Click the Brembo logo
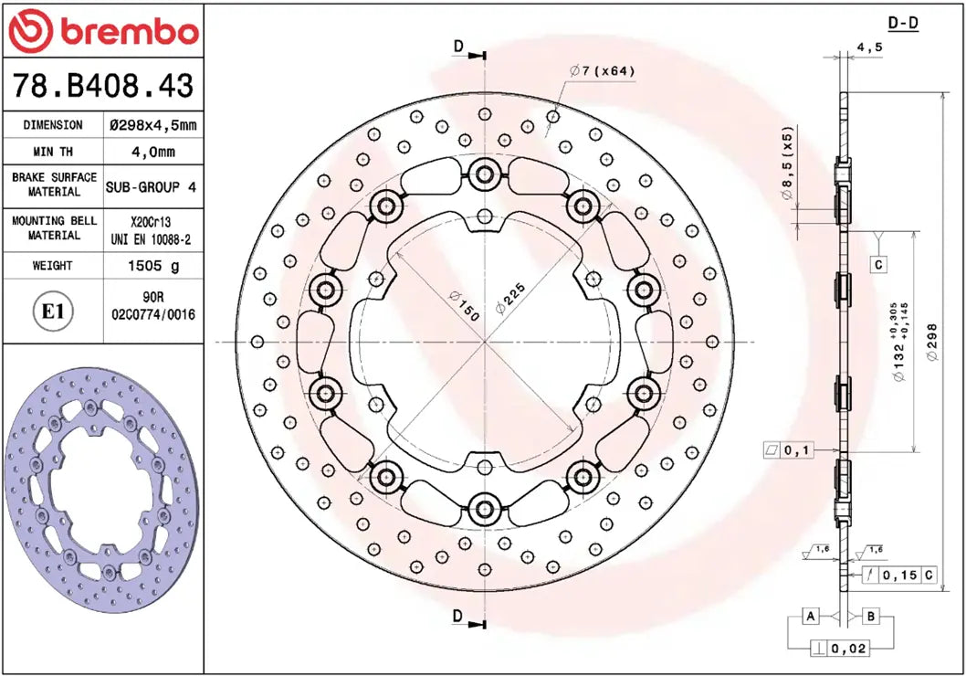pos(102,32)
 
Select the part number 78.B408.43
pos(102,86)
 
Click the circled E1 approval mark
pos(53,312)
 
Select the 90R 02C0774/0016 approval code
pos(153,306)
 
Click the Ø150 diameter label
pos(464,305)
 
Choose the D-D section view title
pos(902,24)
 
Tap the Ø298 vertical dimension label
pos(932,343)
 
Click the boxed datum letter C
pos(877,265)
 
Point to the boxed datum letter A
pos(809,617)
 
